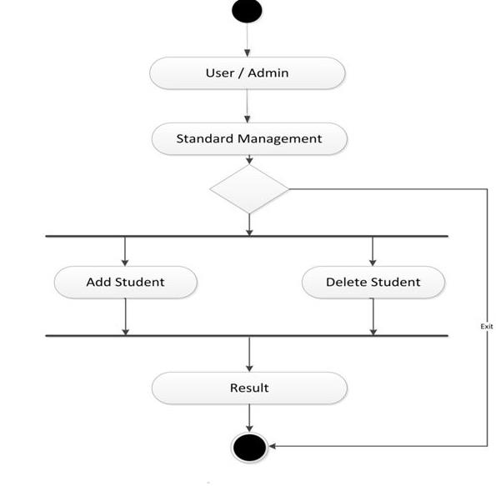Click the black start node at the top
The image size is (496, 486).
(x=248, y=11)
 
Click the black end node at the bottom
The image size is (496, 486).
(x=248, y=447)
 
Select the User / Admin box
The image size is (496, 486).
(x=248, y=73)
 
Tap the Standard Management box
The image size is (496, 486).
(x=248, y=138)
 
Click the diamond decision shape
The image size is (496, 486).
(x=249, y=188)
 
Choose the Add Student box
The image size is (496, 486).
(x=125, y=282)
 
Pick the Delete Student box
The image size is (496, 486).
(x=373, y=282)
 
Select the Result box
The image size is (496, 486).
(x=248, y=388)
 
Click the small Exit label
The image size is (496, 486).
(x=487, y=327)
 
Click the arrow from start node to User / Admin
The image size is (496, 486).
(x=248, y=40)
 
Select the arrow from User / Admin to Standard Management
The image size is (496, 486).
(x=248, y=106)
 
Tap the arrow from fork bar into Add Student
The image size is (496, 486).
(x=125, y=251)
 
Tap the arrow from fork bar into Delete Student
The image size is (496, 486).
(x=373, y=251)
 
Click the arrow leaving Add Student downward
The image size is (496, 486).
(x=125, y=317)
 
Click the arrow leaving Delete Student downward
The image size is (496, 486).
(x=373, y=317)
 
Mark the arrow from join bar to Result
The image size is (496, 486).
(x=248, y=354)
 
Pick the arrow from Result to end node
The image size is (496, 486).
(x=248, y=418)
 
